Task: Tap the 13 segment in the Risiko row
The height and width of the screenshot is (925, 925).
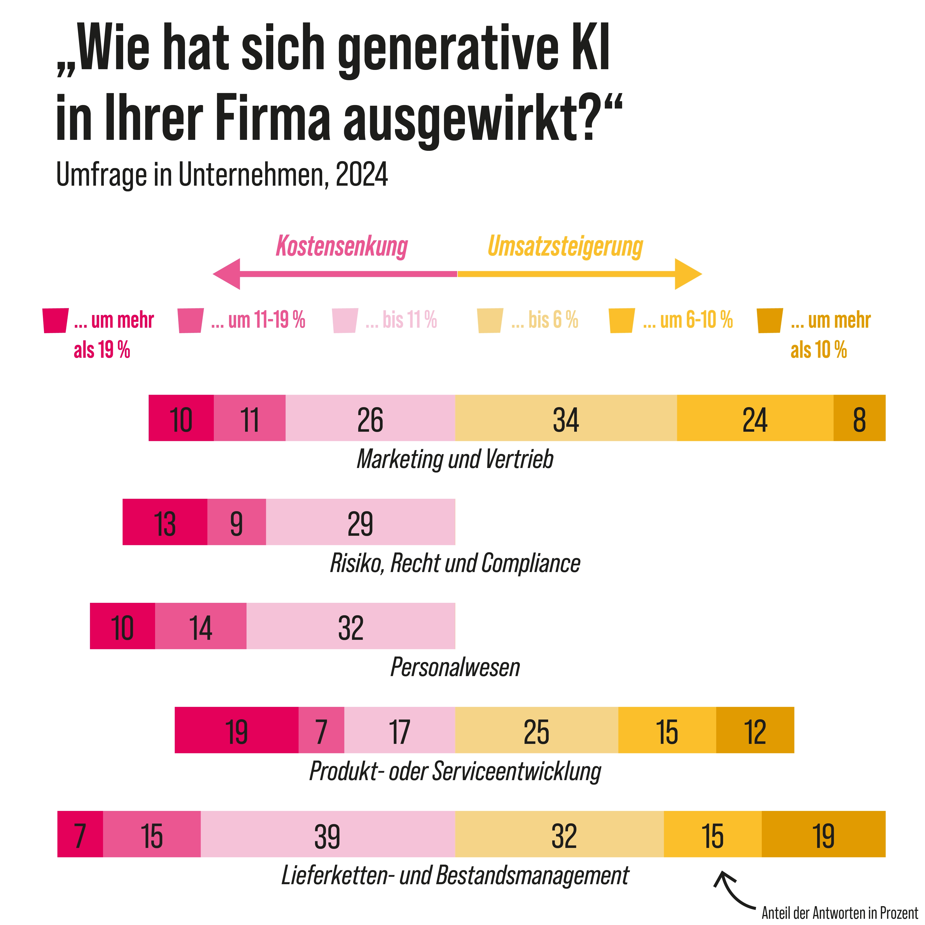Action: pos(165,522)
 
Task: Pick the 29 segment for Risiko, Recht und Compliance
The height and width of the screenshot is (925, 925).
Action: pos(360,522)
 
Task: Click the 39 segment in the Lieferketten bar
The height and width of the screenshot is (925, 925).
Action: pos(327,834)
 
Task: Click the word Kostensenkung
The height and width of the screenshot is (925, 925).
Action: pos(341,247)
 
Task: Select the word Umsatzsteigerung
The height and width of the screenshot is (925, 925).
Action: pos(565,247)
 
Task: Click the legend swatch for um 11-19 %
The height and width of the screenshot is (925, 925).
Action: pos(190,320)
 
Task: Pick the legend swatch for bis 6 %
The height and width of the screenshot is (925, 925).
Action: pos(490,320)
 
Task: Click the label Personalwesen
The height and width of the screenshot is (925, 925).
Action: pos(455,667)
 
